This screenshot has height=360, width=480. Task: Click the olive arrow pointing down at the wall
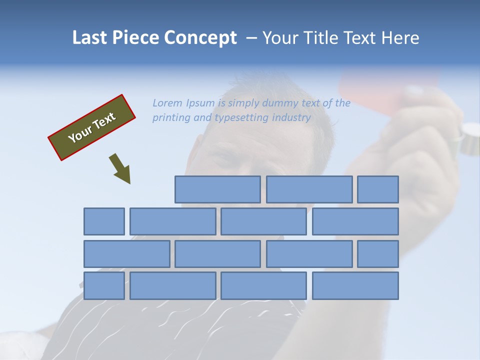tap(120, 169)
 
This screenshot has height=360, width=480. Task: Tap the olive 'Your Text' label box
tap(92, 127)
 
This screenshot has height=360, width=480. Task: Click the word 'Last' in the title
tap(90, 38)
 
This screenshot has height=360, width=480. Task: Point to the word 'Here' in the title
tap(399, 38)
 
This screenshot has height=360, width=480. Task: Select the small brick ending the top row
tap(378, 189)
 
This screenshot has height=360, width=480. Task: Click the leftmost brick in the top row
tap(217, 189)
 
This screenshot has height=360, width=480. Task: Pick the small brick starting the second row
tap(104, 221)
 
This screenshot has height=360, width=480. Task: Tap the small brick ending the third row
tap(378, 254)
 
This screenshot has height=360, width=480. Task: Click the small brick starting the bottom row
tap(104, 286)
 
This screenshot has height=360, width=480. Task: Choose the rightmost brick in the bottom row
tap(355, 286)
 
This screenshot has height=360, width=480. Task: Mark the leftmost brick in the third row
tap(126, 254)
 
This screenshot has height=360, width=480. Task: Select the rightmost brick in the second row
tap(355, 221)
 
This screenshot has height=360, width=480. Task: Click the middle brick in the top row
tap(309, 189)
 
